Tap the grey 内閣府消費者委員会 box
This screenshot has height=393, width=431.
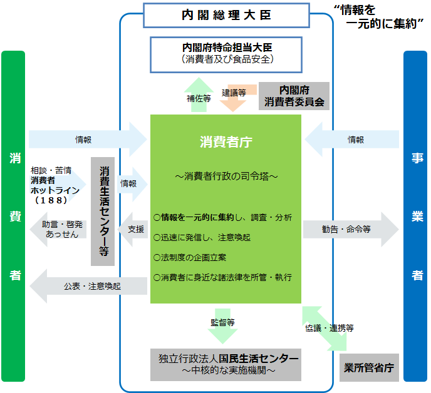294,96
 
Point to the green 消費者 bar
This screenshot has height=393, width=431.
13,216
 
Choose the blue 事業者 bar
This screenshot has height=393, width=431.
415,216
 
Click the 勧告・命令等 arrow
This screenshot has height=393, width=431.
350,229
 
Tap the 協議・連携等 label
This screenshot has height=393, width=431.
330,327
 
